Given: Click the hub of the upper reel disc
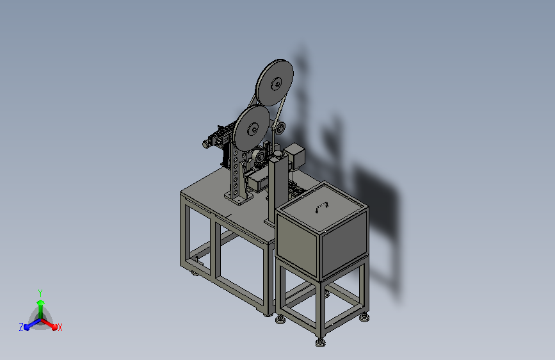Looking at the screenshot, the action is [x=276, y=85].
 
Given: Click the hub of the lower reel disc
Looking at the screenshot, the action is [x=253, y=129].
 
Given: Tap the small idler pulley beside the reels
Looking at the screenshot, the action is [x=280, y=128].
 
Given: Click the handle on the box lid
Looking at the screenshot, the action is [x=321, y=207].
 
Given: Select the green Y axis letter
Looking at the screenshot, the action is [x=40, y=293].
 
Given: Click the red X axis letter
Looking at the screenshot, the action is [x=60, y=327].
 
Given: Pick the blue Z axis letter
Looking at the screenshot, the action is [x=21, y=327].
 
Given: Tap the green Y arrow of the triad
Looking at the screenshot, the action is [x=41, y=309].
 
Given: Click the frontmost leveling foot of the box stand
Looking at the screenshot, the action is [x=321, y=342].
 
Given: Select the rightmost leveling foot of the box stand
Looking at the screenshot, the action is [x=364, y=318].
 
